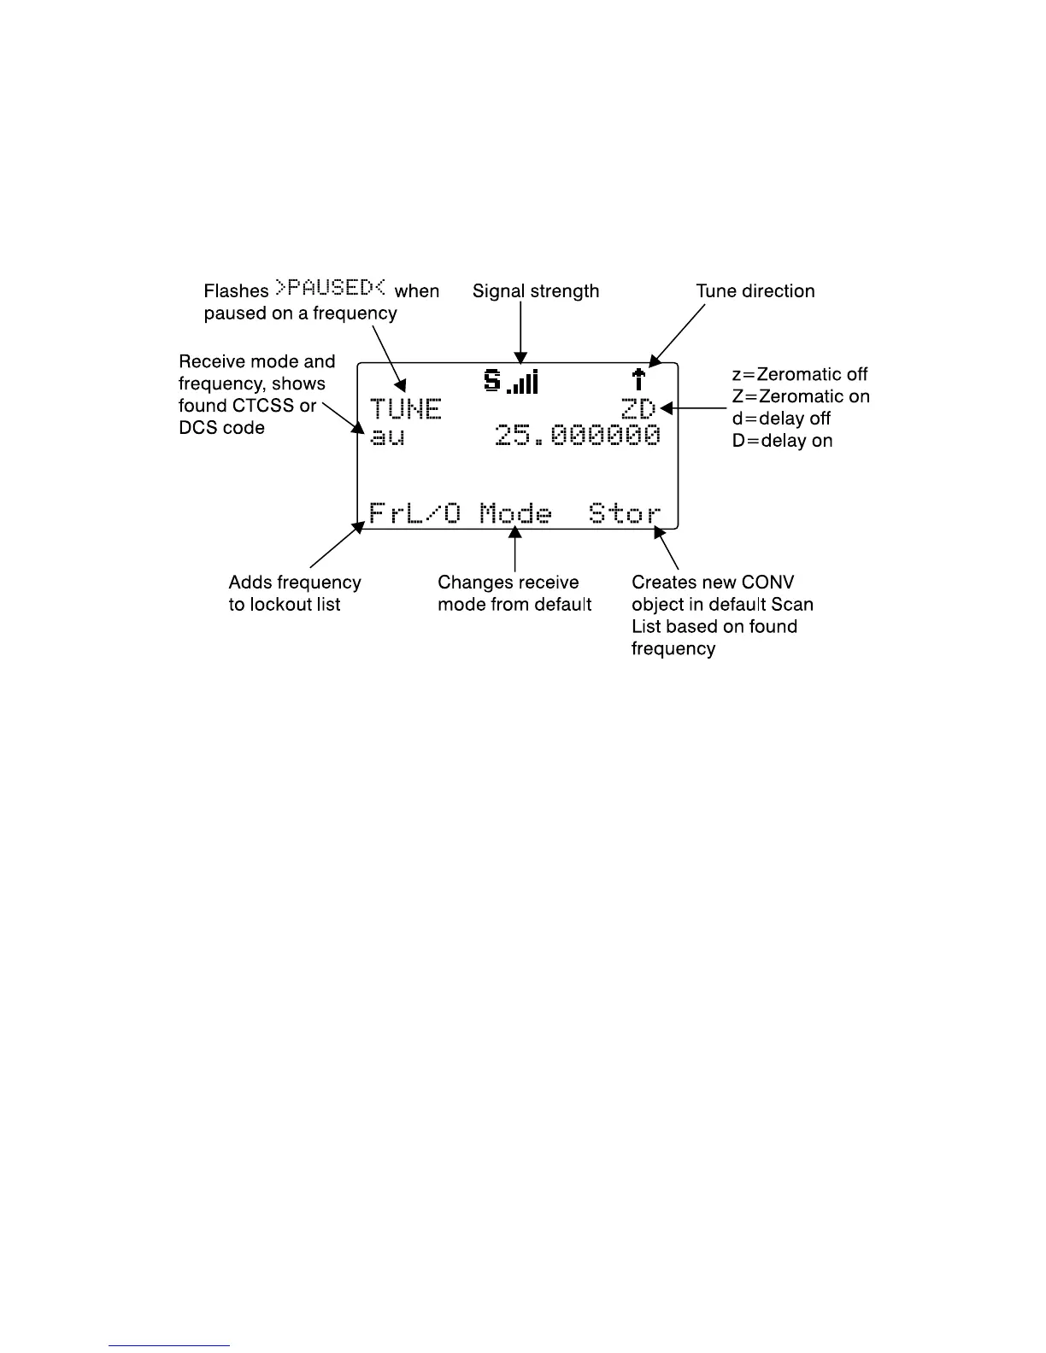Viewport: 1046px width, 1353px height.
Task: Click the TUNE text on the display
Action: click(405, 409)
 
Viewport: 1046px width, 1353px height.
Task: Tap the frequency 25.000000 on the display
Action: click(578, 436)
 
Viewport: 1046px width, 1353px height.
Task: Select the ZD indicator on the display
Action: click(638, 409)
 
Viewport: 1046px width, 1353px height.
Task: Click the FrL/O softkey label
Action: click(414, 513)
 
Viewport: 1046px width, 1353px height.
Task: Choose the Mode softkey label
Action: click(515, 513)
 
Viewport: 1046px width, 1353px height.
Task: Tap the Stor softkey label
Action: click(625, 513)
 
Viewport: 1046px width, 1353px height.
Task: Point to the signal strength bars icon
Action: click(522, 382)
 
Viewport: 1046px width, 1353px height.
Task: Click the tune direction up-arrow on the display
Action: click(638, 379)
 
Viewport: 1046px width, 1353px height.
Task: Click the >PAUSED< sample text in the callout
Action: click(331, 289)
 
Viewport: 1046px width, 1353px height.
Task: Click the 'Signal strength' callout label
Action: click(536, 291)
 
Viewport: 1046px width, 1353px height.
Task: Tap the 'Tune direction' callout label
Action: click(755, 291)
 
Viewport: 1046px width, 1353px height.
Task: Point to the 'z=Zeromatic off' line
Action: click(800, 374)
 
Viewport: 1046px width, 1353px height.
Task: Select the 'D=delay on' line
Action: click(782, 441)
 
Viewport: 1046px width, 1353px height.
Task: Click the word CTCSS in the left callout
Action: click(261, 406)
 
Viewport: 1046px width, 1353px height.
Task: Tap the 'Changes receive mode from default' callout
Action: click(514, 594)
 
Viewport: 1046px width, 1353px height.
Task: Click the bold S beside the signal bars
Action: click(492, 380)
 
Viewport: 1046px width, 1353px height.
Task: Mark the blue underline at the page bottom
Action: click(169, 1345)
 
